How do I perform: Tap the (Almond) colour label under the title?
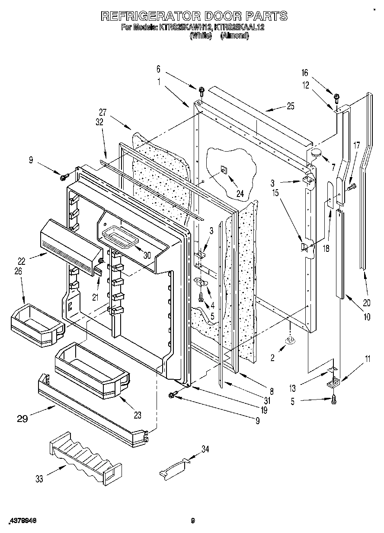234,37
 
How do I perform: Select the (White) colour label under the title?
201,37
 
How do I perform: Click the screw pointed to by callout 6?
202,91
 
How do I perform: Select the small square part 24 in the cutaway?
223,170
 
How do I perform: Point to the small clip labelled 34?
175,468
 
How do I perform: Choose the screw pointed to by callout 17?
351,187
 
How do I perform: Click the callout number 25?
290,106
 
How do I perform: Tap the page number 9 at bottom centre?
193,521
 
